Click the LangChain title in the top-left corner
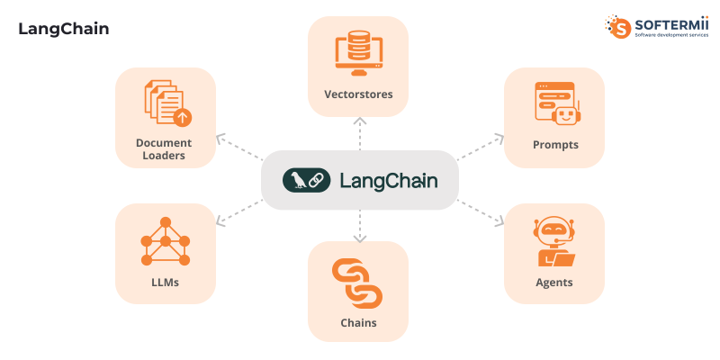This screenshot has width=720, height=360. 63,29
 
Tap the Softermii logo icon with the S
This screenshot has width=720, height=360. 618,26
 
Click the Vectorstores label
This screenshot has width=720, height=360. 358,94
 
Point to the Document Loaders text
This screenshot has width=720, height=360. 164,148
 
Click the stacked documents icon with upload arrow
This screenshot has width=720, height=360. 166,103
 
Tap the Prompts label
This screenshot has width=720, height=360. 554,144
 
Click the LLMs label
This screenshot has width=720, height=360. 166,282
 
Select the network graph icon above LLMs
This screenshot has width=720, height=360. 166,241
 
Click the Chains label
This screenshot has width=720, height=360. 358,322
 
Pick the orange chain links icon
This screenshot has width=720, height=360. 357,283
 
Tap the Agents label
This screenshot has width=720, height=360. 554,282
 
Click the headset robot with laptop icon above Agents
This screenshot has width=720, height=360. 554,242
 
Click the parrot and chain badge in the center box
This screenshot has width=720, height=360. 305,180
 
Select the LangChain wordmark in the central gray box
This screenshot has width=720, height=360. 389,180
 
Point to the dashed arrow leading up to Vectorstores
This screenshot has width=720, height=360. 359,135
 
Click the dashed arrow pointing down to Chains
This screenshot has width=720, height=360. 359,226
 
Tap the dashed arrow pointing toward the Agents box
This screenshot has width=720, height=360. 481,212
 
